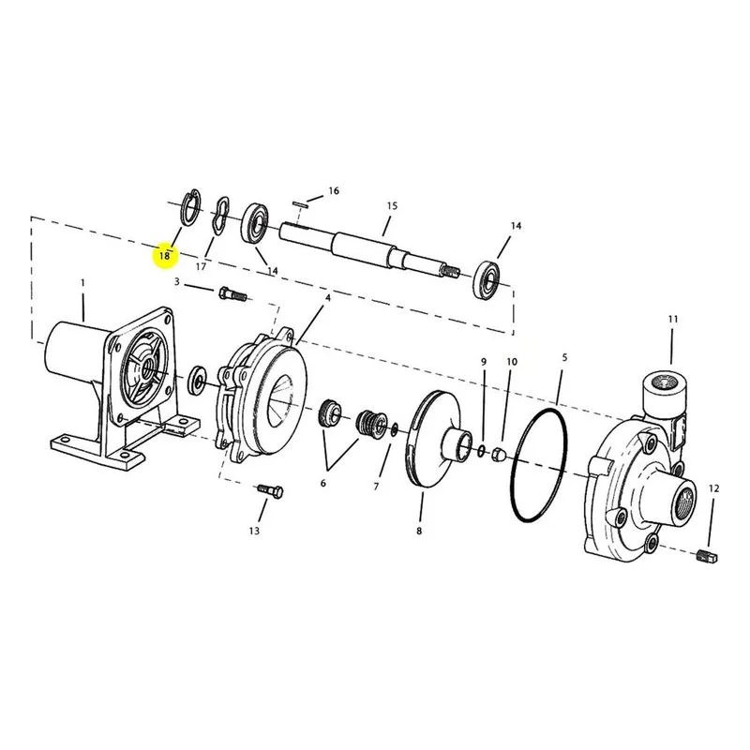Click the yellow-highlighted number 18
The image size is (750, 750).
pyautogui.click(x=164, y=256)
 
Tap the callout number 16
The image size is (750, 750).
pyautogui.click(x=334, y=191)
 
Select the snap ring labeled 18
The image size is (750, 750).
pyautogui.click(x=192, y=207)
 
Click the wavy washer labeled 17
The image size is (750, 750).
pyautogui.click(x=220, y=216)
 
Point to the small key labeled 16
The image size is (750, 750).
pyautogui.click(x=299, y=204)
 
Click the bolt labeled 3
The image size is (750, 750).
pyautogui.click(x=232, y=293)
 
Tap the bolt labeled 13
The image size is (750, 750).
pyautogui.click(x=270, y=490)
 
